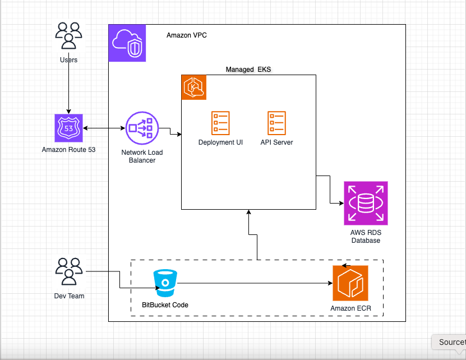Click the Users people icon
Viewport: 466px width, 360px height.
tap(68, 36)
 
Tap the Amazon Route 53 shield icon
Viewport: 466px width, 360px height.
tap(68, 128)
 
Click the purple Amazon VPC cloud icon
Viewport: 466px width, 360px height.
tap(127, 43)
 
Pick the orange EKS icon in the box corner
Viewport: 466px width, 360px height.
tap(194, 87)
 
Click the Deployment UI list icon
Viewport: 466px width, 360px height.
tap(220, 122)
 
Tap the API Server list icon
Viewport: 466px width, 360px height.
tap(276, 122)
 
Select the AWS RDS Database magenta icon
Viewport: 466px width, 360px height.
tap(366, 204)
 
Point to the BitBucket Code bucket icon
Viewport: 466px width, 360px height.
tap(165, 284)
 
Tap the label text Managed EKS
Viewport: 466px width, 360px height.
tap(248, 70)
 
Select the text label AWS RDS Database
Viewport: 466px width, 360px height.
tap(366, 236)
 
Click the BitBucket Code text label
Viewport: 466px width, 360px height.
tap(165, 305)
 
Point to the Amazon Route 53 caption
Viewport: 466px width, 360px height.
tap(68, 150)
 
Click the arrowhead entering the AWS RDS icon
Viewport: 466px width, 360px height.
tap(340, 203)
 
